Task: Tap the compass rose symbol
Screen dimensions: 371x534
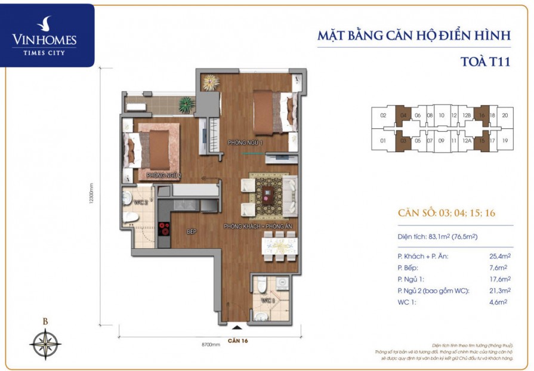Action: point(45,344)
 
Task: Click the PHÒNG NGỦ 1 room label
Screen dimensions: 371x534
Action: point(245,143)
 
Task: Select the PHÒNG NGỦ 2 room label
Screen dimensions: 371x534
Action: point(163,175)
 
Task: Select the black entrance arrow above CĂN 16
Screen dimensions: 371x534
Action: point(237,326)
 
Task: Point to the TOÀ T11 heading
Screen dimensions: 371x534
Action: point(486,61)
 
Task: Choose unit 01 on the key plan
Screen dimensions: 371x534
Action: point(383,141)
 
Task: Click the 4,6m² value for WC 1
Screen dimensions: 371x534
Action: point(498,302)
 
